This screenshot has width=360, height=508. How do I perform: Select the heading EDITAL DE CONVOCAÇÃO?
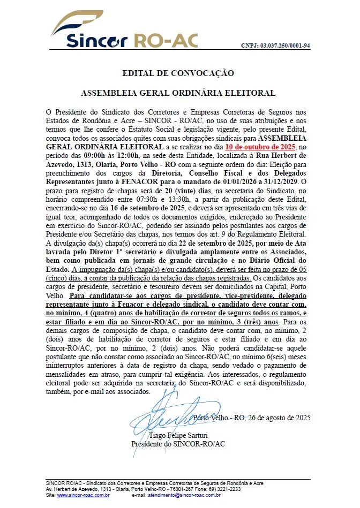pyautogui.click(x=178, y=73)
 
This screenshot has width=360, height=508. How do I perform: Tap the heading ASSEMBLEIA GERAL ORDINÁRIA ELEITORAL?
pyautogui.click(x=178, y=93)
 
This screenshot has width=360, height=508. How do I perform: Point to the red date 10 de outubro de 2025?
pyautogui.click(x=259, y=146)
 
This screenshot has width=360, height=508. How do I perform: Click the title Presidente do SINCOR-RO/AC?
pyautogui.click(x=178, y=444)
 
